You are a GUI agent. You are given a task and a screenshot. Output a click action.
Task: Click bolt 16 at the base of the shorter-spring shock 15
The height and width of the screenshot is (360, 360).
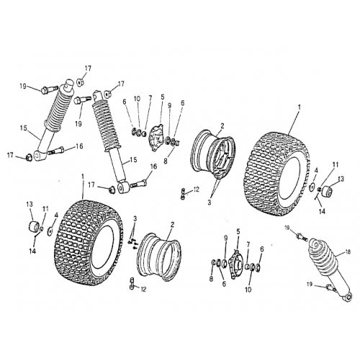[x=58, y=150]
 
